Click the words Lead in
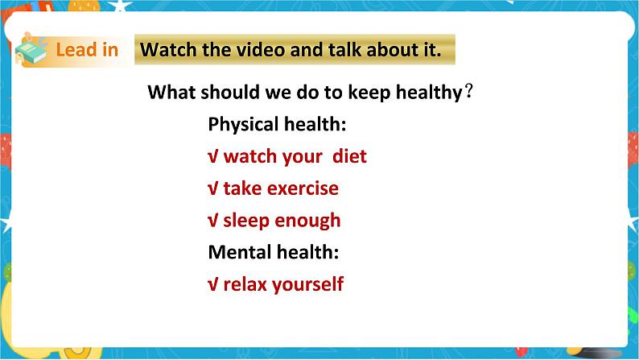pyautogui.click(x=87, y=50)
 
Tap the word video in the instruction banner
pyautogui.click(x=259, y=50)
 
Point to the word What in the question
pyautogui.click(x=171, y=93)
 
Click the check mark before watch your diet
pyautogui.click(x=213, y=156)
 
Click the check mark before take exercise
pyautogui.click(x=213, y=188)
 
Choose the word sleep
pyautogui.click(x=245, y=221)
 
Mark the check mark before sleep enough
pyautogui.click(x=213, y=221)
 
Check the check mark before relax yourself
pyautogui.click(x=213, y=284)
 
